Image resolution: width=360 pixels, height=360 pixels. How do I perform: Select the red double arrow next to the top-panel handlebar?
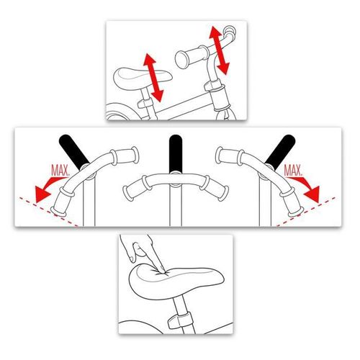[x=220, y=50]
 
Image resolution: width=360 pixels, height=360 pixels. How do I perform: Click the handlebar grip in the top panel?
[x=192, y=55]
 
